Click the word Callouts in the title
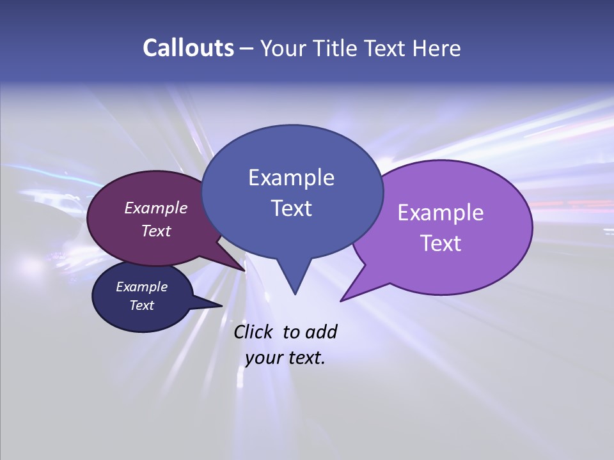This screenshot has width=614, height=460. [x=188, y=49]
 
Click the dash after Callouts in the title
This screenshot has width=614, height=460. [x=247, y=49]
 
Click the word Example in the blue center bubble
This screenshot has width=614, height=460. [x=291, y=178]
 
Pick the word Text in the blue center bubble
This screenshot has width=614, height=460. [x=291, y=208]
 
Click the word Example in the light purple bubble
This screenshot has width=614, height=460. [x=441, y=213]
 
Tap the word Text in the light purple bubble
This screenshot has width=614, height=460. [x=441, y=243]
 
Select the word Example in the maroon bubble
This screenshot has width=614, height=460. [x=156, y=208]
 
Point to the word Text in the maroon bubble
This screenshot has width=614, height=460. [x=156, y=231]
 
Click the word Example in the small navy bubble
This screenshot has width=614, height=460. [x=141, y=287]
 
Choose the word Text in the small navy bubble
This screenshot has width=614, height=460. [x=141, y=305]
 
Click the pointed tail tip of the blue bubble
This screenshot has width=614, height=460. [x=294, y=293]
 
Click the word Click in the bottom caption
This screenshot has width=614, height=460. [x=255, y=332]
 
